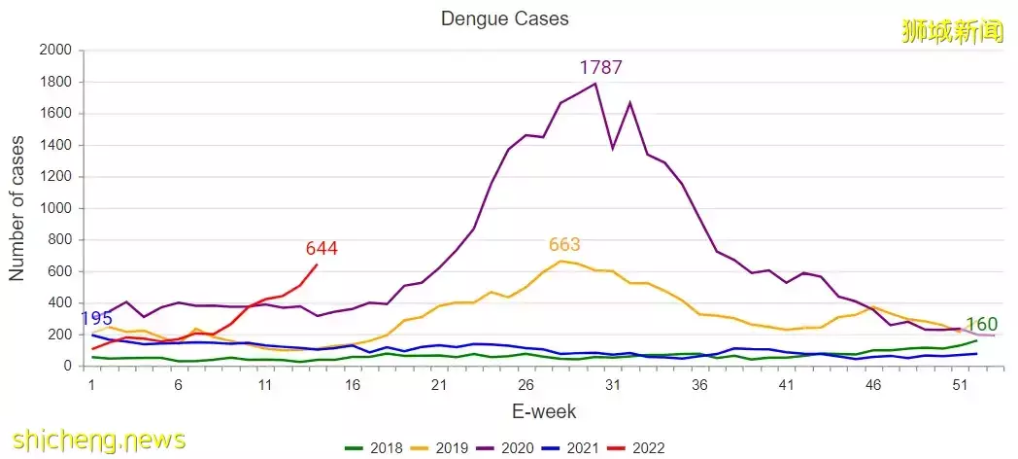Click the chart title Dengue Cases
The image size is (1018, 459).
pos(504,18)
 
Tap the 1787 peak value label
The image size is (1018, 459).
pos(600,68)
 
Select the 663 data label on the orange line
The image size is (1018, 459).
pos(564,245)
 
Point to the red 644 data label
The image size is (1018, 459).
pos(322,249)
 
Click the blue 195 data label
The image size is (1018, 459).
pos(96,320)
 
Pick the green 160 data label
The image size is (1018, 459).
pos(981,325)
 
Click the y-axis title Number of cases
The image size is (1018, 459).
pos(17,208)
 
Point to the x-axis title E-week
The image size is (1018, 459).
pos(544,412)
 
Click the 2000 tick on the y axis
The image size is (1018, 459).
pos(54,51)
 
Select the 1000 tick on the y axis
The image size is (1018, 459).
pos(54,208)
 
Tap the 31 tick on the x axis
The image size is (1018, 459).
pos(613,385)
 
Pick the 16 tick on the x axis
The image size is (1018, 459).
pos(352,385)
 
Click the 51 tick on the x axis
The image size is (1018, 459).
pos(960,385)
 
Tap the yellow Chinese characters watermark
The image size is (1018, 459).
pos(951,32)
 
